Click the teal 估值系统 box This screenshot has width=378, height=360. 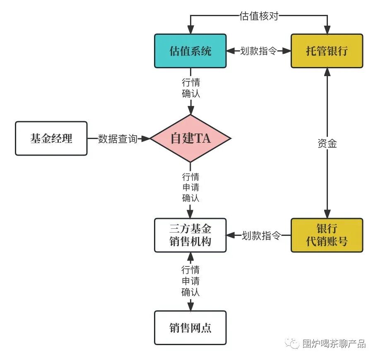(190, 51)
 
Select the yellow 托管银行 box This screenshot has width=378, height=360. (327, 51)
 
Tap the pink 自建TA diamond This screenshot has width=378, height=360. (190, 139)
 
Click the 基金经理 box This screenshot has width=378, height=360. (51, 139)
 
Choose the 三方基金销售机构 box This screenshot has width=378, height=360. (190, 235)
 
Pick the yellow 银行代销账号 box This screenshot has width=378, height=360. (327, 235)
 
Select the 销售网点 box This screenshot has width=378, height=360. (190, 328)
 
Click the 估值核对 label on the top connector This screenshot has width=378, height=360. (259, 16)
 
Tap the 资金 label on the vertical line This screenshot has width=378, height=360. (327, 144)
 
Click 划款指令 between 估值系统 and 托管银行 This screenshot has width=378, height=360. (259, 51)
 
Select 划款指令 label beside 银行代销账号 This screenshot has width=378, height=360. (261, 235)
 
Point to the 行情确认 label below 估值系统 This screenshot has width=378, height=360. (191, 88)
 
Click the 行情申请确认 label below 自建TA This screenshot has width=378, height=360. (191, 187)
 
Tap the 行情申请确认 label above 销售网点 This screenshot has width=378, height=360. (191, 281)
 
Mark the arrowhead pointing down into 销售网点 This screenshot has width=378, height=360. (191, 307)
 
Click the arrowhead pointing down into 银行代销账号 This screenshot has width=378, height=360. (327, 214)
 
